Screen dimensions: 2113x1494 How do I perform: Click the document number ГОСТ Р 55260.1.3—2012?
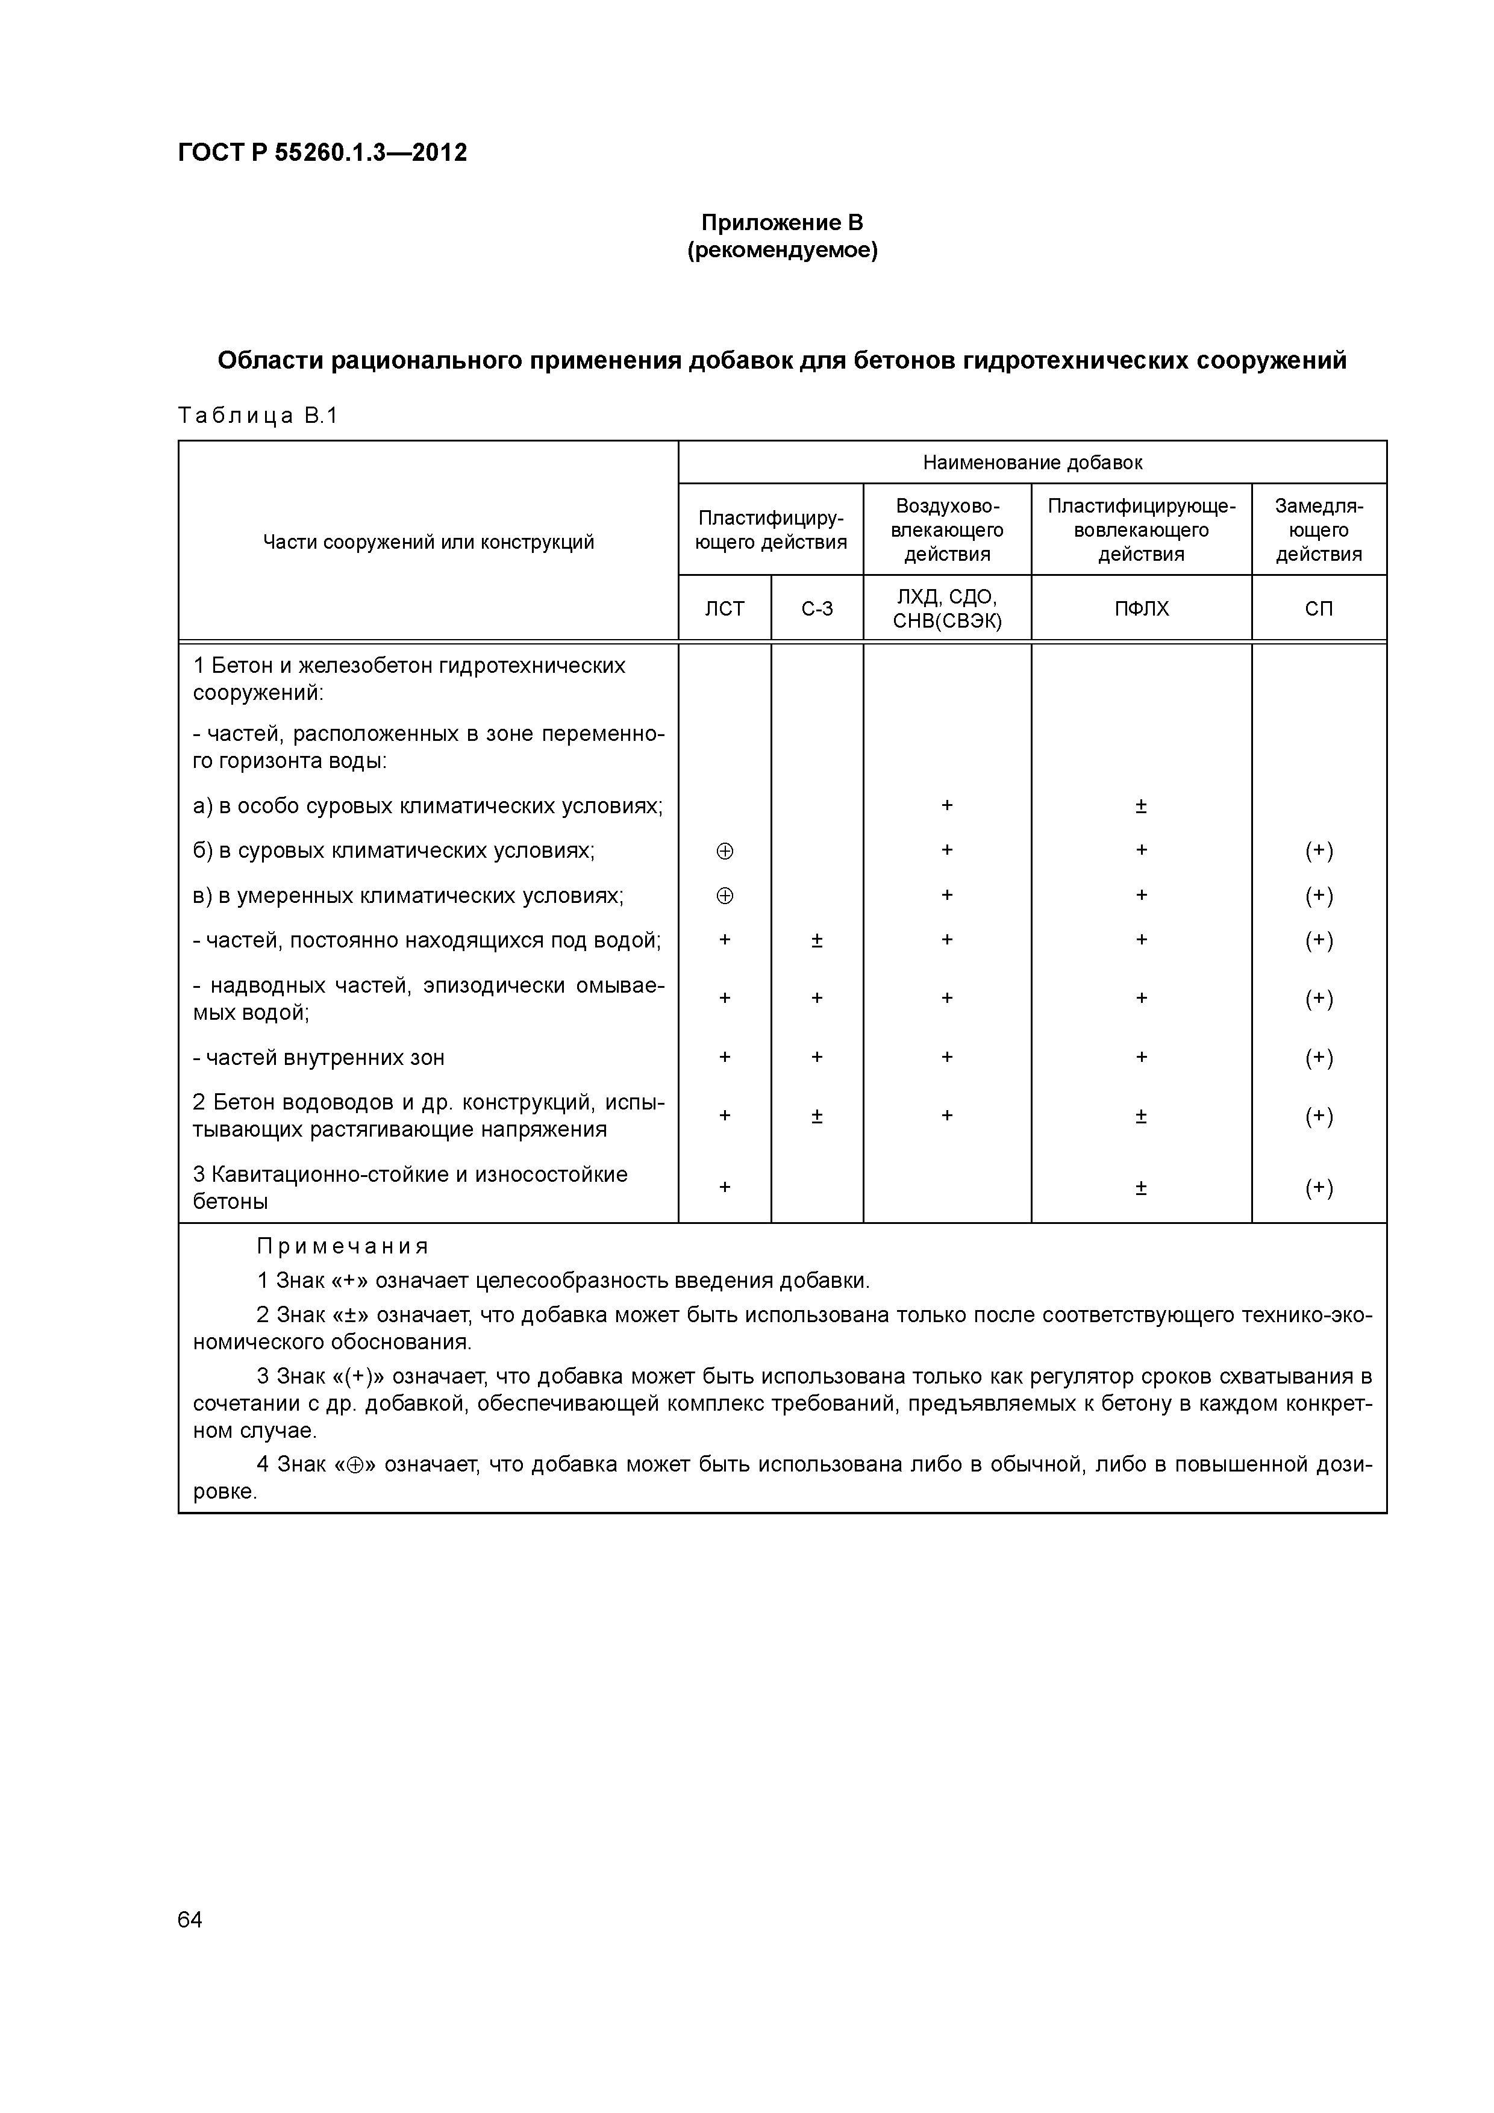(x=322, y=153)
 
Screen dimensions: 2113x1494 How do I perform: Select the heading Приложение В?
(x=781, y=223)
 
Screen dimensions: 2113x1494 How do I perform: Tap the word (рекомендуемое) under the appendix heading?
(x=781, y=251)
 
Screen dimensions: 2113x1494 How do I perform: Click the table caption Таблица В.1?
(x=258, y=416)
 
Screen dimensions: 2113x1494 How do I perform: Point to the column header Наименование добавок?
(x=1032, y=463)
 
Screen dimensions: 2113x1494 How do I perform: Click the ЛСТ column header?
(x=725, y=608)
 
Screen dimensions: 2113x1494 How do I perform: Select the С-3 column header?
(x=816, y=608)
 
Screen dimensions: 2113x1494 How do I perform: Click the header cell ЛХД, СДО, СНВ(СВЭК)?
(x=946, y=608)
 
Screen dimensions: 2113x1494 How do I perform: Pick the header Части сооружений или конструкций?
(x=428, y=542)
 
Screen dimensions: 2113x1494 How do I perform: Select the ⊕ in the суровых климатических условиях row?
(x=725, y=851)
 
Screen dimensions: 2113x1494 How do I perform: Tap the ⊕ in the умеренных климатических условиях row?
(x=725, y=896)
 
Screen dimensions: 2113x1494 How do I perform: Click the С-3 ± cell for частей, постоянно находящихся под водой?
(x=816, y=940)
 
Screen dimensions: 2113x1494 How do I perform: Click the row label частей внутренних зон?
(x=319, y=1058)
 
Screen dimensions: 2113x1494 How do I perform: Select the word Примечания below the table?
(x=342, y=1246)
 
